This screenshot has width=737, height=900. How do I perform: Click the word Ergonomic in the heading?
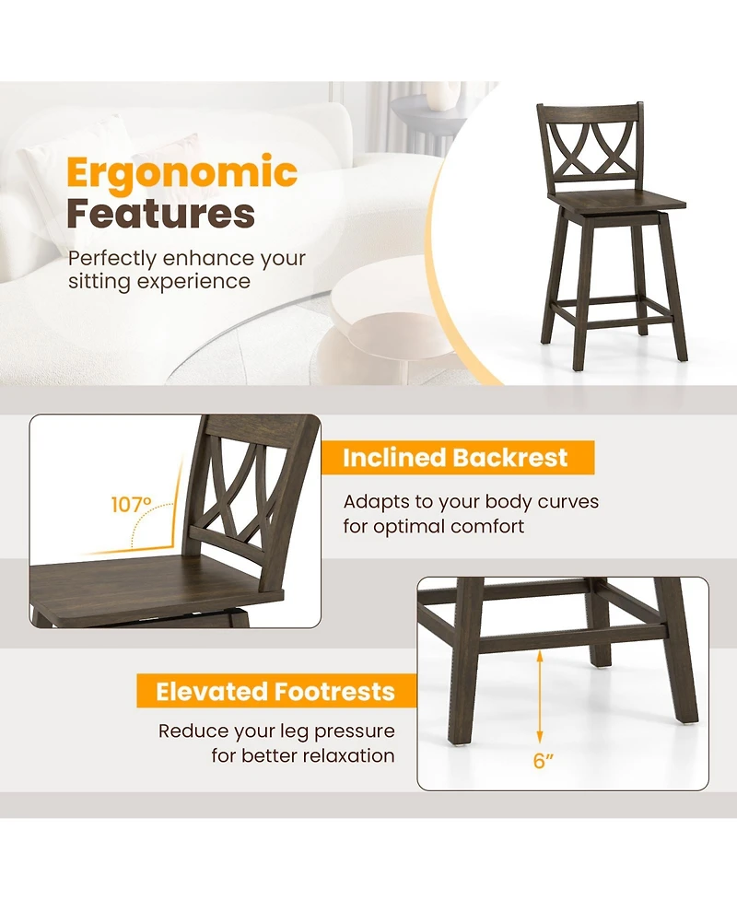(181, 172)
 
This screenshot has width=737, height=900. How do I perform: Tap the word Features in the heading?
(160, 214)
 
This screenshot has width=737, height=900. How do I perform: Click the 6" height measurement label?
(544, 762)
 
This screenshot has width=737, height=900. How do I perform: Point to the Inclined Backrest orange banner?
(456, 458)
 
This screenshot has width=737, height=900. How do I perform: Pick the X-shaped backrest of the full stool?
(591, 153)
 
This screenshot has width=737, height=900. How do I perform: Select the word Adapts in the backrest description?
(375, 502)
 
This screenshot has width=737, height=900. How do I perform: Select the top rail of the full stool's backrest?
(590, 113)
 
